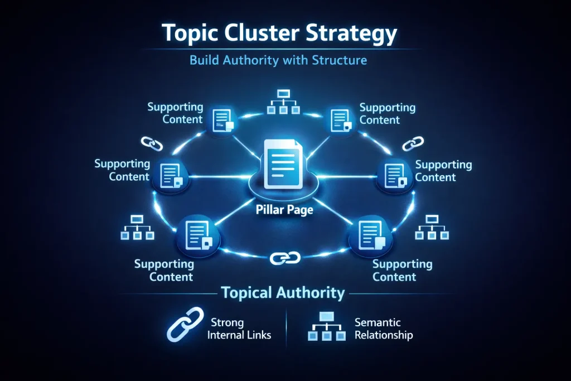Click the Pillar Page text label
point(285,211)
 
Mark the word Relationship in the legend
point(384,335)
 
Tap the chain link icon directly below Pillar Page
point(285,257)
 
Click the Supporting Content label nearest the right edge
point(443,171)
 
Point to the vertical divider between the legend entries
point(285,329)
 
